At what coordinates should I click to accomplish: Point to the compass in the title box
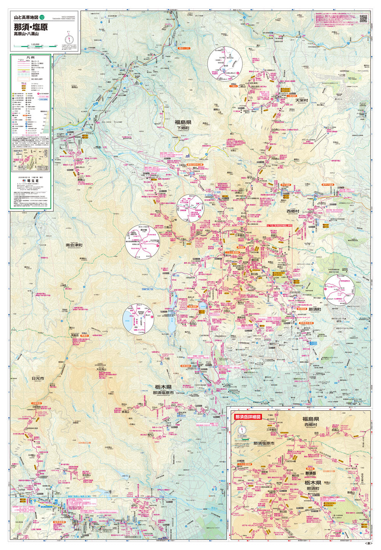[69, 39]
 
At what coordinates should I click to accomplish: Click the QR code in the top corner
[363, 18]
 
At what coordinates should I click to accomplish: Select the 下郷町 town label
[182, 128]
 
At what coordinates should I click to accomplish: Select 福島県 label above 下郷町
[183, 122]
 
